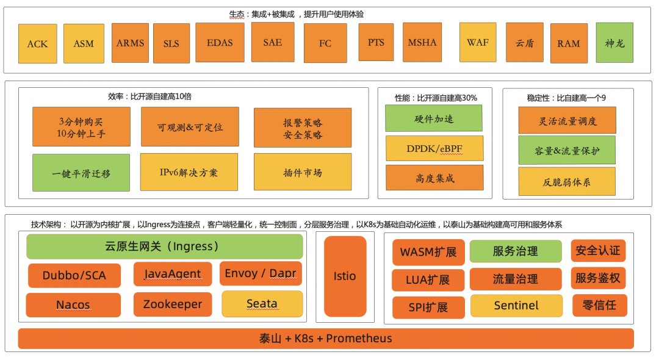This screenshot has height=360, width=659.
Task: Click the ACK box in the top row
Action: (38, 44)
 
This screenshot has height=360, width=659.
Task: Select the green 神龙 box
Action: (614, 43)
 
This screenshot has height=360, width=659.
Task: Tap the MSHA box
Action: (422, 43)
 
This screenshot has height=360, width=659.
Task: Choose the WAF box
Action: (478, 43)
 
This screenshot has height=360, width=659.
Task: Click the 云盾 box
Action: (524, 43)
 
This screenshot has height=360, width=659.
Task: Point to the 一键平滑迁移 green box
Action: (81, 173)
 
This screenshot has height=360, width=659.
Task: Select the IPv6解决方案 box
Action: (189, 172)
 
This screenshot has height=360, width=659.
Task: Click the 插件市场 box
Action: (303, 172)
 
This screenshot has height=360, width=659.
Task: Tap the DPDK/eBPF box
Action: (434, 148)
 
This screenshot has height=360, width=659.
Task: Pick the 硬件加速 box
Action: (434, 118)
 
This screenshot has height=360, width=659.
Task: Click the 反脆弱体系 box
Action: (567, 181)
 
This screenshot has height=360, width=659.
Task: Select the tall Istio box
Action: (345, 276)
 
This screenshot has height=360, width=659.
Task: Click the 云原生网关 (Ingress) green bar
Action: (165, 247)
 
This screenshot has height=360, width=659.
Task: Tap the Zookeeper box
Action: (173, 304)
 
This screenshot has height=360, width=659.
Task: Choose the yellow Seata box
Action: (262, 303)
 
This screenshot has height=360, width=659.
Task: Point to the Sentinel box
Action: (516, 305)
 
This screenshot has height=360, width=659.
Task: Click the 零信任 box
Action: (599, 304)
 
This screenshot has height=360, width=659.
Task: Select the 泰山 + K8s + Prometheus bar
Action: (326, 338)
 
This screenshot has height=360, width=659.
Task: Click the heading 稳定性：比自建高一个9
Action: (566, 98)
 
